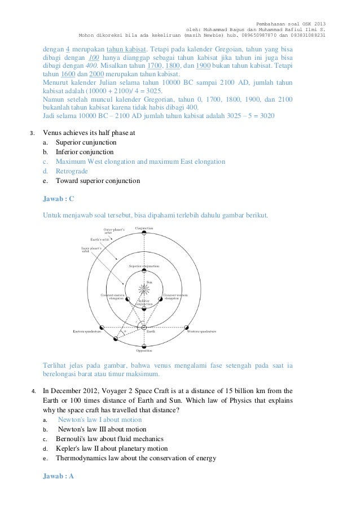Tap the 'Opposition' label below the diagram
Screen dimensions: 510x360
coord(144,350)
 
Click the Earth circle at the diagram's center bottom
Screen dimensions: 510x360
coord(143,328)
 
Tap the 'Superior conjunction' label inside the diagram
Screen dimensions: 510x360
coord(144,265)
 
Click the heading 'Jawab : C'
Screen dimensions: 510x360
coord(59,199)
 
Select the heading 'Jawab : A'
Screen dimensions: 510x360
coord(59,476)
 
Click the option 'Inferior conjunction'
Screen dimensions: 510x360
coord(85,152)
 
